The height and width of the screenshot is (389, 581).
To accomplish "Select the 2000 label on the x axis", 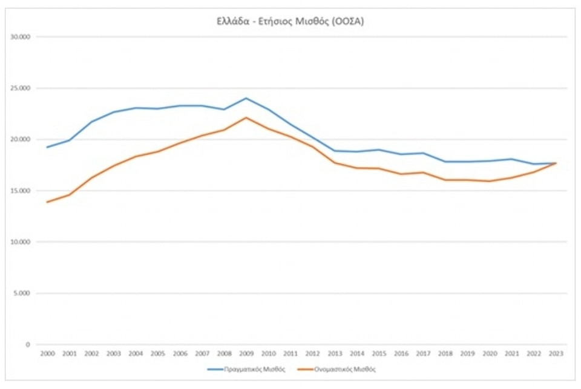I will point(47,353).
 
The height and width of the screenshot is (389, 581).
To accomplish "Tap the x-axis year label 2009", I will point(246,353).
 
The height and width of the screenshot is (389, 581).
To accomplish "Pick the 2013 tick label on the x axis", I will point(334,353).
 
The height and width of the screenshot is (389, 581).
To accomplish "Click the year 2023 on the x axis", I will point(556,353).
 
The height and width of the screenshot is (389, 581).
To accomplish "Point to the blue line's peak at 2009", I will point(246,98).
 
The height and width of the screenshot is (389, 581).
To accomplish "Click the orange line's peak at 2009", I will point(246,117).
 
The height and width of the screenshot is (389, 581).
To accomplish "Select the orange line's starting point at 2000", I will point(47,202).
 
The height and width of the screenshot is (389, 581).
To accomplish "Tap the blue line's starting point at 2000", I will point(47,147).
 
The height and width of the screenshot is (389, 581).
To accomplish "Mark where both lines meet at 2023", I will point(556,163).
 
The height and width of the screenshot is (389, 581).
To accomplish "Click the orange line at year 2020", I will point(489,181).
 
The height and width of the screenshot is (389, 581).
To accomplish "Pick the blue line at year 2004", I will point(136,108).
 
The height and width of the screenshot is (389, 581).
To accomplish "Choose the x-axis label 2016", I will point(401,353).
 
